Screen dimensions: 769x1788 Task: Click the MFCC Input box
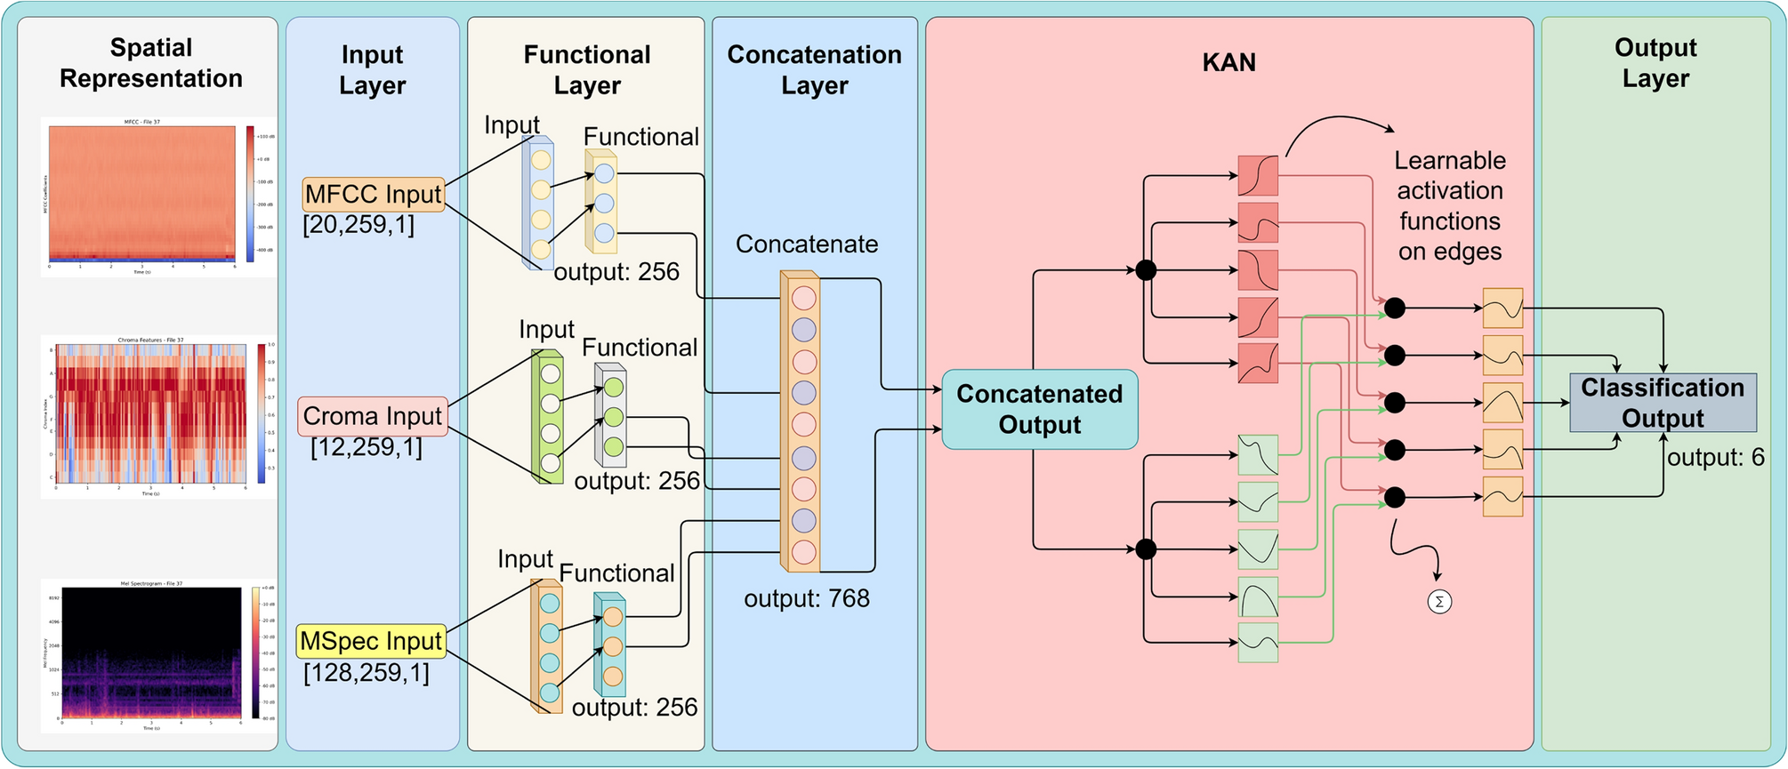point(373,194)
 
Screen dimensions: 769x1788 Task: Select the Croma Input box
point(372,416)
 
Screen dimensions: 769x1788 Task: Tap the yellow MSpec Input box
point(371,641)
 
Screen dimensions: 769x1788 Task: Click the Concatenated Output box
point(1039,409)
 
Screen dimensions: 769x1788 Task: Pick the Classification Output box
point(1662,403)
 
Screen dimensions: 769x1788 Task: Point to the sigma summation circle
point(1438,602)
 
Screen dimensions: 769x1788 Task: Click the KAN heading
point(1228,62)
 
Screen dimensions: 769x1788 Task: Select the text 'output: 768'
point(806,598)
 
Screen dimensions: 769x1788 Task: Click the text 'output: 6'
point(1715,458)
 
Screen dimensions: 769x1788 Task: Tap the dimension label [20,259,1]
point(358,224)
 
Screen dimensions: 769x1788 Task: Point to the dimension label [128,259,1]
point(366,672)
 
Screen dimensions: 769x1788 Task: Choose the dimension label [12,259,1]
point(366,446)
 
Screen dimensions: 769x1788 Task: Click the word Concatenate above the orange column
point(806,244)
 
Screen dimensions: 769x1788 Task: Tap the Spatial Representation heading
point(150,62)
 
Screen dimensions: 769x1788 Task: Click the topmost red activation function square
point(1257,176)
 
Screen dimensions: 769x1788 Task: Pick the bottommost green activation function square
point(1258,643)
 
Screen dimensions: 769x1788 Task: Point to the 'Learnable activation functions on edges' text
point(1449,205)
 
